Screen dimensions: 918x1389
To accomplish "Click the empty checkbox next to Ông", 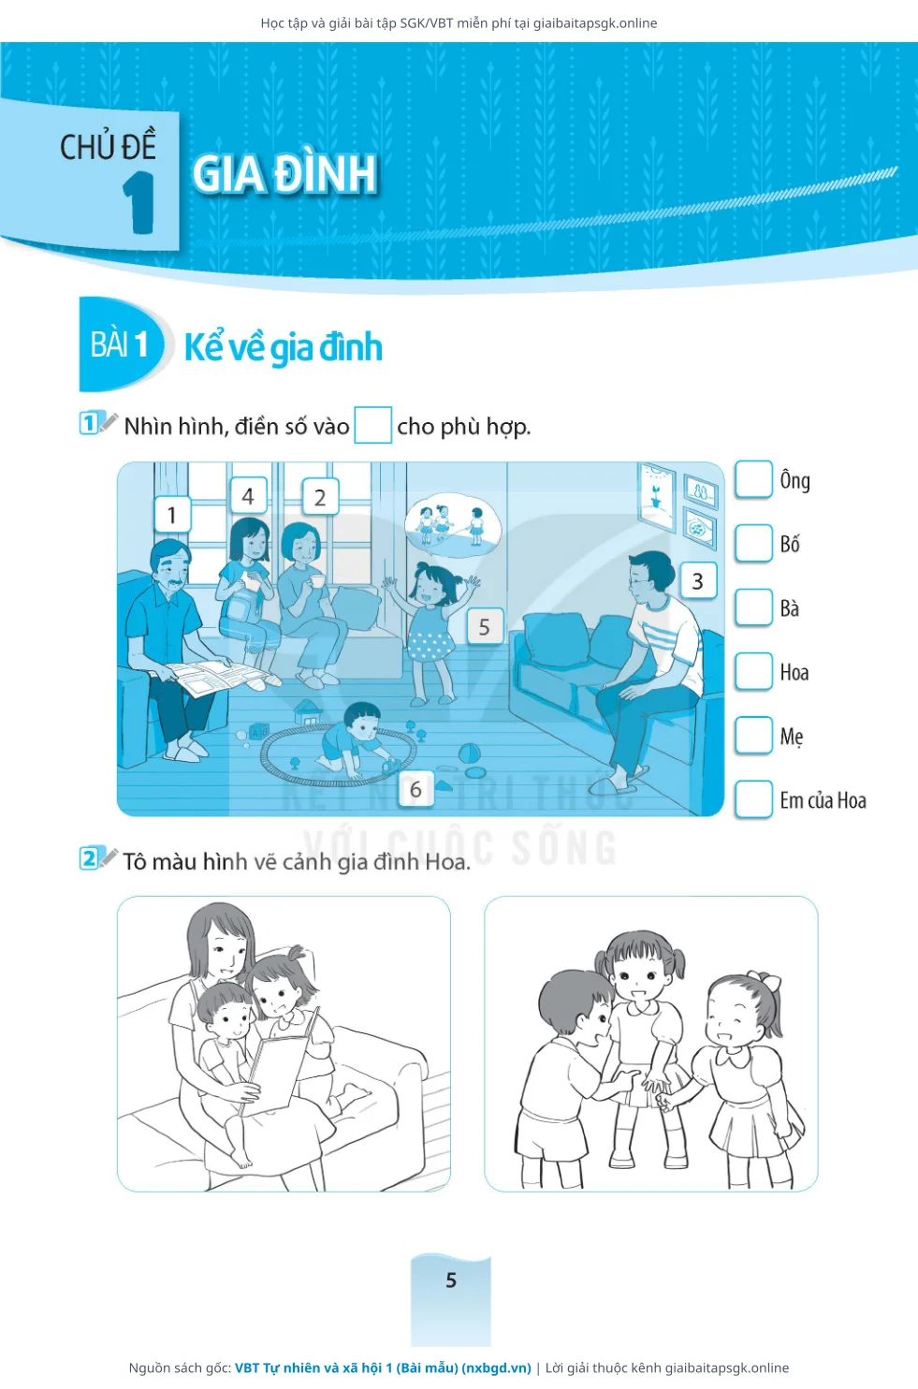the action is pyautogui.click(x=753, y=479).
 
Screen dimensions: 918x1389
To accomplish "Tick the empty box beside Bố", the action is pyautogui.click(x=753, y=543).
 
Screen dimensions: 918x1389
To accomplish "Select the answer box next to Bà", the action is pyautogui.click(x=753, y=607).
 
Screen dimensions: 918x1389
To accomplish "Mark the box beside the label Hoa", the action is pyautogui.click(x=753, y=671).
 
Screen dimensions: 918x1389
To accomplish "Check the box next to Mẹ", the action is pyautogui.click(x=753, y=735).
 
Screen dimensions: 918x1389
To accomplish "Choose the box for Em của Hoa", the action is pyautogui.click(x=753, y=799).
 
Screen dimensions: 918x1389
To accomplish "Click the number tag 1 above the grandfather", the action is pyautogui.click(x=172, y=514).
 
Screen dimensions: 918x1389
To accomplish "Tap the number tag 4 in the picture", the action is pyautogui.click(x=248, y=495).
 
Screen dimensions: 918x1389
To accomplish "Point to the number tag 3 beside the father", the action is pyautogui.click(x=698, y=581).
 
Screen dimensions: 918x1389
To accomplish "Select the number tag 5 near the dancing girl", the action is pyautogui.click(x=484, y=626).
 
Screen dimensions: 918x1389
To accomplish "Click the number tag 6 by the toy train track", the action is pyautogui.click(x=415, y=789).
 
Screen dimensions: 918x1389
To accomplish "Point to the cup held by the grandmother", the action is pyautogui.click(x=316, y=581).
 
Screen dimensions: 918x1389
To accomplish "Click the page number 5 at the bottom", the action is pyautogui.click(x=451, y=1280).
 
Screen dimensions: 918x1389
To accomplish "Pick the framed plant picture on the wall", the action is pyautogui.click(x=656, y=496).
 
